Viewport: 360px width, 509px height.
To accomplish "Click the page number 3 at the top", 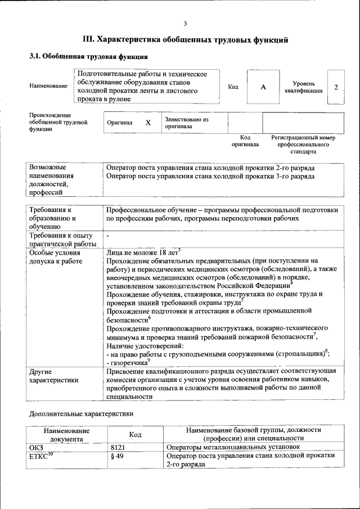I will pos(184,23).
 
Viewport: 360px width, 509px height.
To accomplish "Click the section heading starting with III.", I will pos(186,40).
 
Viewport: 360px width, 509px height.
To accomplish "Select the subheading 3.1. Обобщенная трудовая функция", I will pos(88,57).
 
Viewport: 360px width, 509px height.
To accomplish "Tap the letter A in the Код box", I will pos(263,87).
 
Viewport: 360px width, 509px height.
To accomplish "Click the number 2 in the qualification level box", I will pos(336,87).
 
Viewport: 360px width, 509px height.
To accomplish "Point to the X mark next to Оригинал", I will pos(148,123).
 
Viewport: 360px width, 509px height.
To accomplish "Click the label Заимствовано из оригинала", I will pos(186,123).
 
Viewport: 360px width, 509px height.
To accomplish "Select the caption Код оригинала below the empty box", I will pos(245,141).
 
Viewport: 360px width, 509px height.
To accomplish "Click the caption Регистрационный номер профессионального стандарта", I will pos(303,144).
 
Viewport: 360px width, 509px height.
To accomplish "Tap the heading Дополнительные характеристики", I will pos(81,413).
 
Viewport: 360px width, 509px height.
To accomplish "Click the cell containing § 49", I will pos(118,456).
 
